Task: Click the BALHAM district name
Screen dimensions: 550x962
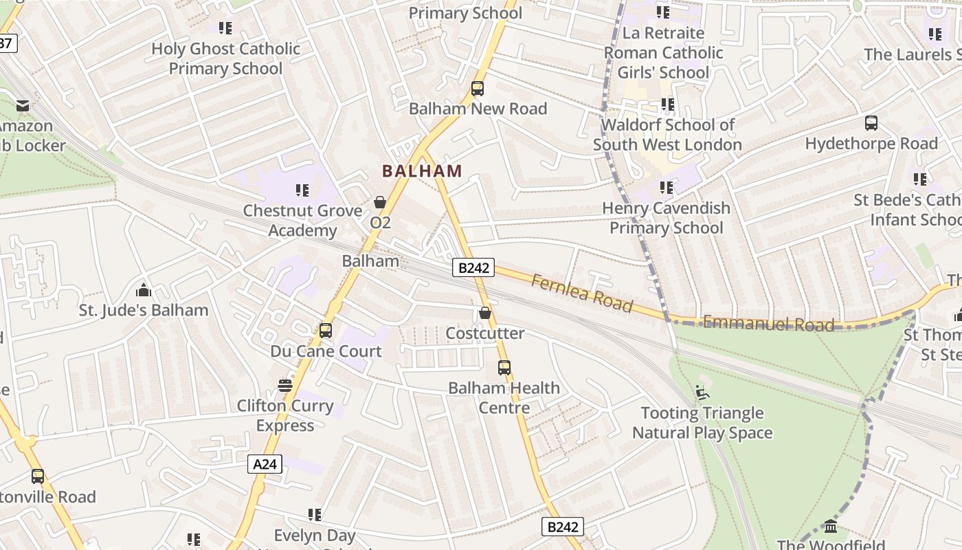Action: coord(422,170)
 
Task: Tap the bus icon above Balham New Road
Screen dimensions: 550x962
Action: coord(478,89)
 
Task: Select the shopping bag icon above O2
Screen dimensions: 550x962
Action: coord(379,201)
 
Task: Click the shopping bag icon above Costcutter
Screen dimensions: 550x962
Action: coord(485,313)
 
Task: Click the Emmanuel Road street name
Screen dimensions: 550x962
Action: coord(768,324)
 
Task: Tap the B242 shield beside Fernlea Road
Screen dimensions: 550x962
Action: coord(473,267)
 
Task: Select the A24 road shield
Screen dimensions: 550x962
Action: coord(265,464)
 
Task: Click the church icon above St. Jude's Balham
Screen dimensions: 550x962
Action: coord(144,289)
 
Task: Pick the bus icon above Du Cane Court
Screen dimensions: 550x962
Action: coord(326,331)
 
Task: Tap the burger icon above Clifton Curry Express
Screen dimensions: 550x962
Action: coord(285,386)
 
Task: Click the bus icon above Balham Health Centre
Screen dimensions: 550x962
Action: coord(504,368)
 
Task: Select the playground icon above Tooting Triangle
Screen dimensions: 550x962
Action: coord(702,393)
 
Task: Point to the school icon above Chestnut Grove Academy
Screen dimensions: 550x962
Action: coord(302,190)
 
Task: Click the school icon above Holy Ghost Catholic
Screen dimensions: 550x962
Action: coord(225,28)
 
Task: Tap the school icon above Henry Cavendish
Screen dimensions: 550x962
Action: coord(666,187)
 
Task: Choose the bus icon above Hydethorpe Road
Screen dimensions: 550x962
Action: coord(871,123)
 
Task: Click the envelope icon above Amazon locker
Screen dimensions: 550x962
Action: coord(23,105)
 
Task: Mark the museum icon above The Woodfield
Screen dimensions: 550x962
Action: coord(831,527)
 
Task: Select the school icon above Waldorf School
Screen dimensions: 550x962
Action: coord(667,104)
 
